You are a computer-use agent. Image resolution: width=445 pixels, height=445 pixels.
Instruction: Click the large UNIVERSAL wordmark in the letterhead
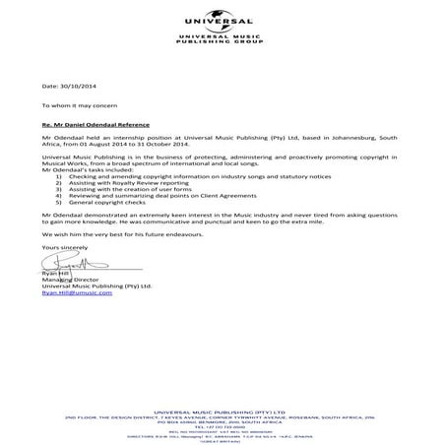[x=222, y=27]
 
